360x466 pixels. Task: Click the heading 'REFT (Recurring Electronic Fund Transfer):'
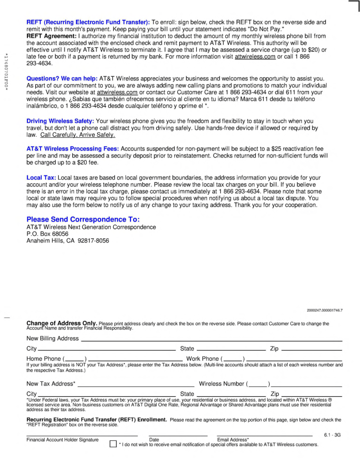(x=88, y=22)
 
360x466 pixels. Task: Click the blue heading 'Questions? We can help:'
(x=62, y=78)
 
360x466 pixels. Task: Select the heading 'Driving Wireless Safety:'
(x=60, y=121)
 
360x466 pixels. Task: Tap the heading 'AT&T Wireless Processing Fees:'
(x=72, y=149)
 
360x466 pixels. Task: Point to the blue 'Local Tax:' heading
(x=41, y=177)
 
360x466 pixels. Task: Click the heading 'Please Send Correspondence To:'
(x=86, y=219)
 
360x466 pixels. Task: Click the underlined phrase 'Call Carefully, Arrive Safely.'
(x=77, y=135)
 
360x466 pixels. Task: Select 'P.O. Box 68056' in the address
(x=47, y=234)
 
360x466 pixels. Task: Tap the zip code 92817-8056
(x=93, y=241)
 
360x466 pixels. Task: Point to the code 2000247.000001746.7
(x=325, y=310)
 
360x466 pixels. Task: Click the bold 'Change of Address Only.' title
(x=62, y=323)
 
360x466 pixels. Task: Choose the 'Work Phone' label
(x=202, y=359)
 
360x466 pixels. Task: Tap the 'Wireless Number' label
(x=222, y=384)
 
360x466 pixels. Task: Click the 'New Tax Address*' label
(x=51, y=384)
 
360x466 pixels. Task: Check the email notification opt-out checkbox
(x=112, y=444)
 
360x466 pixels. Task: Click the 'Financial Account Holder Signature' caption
(x=62, y=440)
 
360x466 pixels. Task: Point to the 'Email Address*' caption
(x=233, y=440)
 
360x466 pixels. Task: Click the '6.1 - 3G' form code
(x=332, y=435)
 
